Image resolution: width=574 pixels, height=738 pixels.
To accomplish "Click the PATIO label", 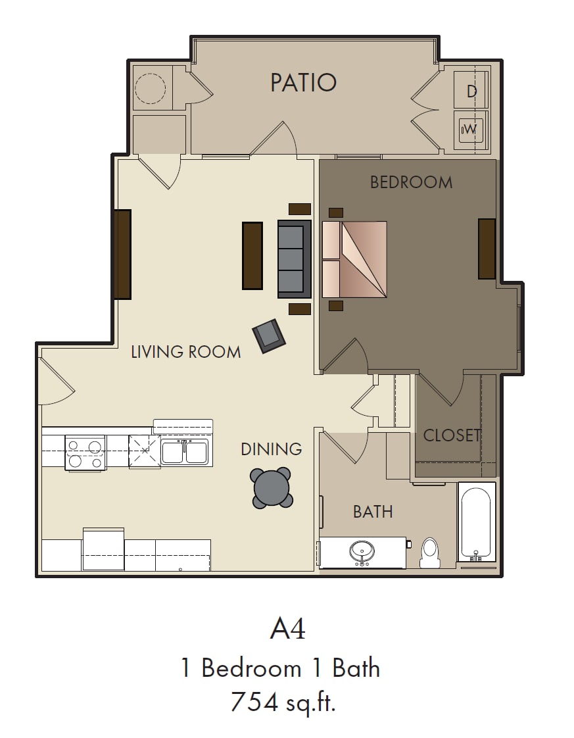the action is tap(304, 82).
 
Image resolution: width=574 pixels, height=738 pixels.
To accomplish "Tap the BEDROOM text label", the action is tap(411, 182).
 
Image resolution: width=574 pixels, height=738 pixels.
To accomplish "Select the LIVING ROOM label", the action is tap(186, 352).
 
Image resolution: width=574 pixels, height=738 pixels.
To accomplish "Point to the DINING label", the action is tap(271, 449).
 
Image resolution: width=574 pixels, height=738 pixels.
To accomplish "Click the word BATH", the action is tap(373, 512).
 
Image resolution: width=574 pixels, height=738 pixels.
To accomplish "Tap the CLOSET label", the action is tap(452, 435).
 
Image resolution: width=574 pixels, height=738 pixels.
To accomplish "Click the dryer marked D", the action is tap(471, 90).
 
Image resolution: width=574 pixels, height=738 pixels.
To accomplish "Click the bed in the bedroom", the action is tap(354, 259).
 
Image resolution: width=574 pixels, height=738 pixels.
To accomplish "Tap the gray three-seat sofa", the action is tap(295, 259).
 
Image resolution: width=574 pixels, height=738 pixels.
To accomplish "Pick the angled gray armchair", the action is tap(269, 336).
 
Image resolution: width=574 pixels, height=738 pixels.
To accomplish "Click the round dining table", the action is tap(272, 487).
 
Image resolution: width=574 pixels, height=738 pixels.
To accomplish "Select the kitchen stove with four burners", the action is tap(85, 453).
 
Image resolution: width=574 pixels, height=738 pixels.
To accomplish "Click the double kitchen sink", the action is tap(185, 452).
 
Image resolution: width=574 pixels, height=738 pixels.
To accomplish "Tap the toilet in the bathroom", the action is tap(429, 553).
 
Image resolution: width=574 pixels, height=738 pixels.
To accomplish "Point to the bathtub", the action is tap(477, 522).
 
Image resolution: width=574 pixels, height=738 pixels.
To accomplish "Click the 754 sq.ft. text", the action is tap(283, 702).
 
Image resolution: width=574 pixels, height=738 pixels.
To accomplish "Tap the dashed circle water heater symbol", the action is tap(150, 89).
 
